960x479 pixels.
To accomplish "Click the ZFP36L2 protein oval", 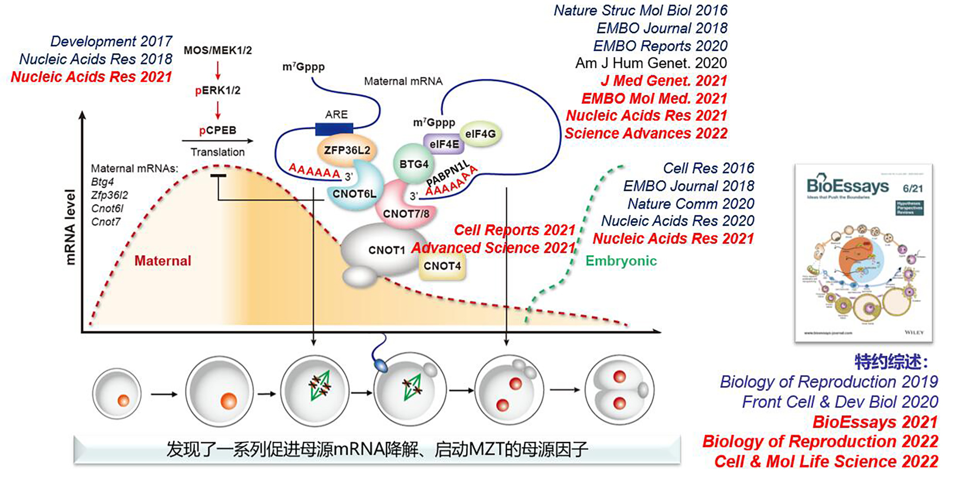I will [x=347, y=151].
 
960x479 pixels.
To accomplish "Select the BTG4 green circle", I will [x=413, y=164].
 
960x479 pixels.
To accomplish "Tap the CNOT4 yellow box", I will [x=442, y=266].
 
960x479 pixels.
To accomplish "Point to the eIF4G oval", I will [x=480, y=134].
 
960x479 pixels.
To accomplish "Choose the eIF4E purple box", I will [x=444, y=144].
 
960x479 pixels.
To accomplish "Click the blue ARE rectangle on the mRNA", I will [x=334, y=129].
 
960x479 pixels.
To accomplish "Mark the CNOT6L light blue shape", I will [x=354, y=194].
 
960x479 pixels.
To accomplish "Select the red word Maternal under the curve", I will [x=163, y=261].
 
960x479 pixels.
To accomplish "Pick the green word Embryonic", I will [x=621, y=261].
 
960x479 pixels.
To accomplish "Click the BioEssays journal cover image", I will [x=863, y=253].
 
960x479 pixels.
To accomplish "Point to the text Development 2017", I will [x=111, y=41].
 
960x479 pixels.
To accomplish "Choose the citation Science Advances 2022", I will [x=646, y=133].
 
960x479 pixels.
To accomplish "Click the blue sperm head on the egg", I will [x=381, y=366].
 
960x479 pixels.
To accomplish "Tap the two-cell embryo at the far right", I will [x=619, y=390].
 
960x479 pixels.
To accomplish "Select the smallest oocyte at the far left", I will [x=117, y=393].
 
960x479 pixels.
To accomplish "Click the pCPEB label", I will [x=217, y=130].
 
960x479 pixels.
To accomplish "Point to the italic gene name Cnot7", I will [x=106, y=222].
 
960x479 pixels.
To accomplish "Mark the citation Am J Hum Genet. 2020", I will [x=651, y=63].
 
